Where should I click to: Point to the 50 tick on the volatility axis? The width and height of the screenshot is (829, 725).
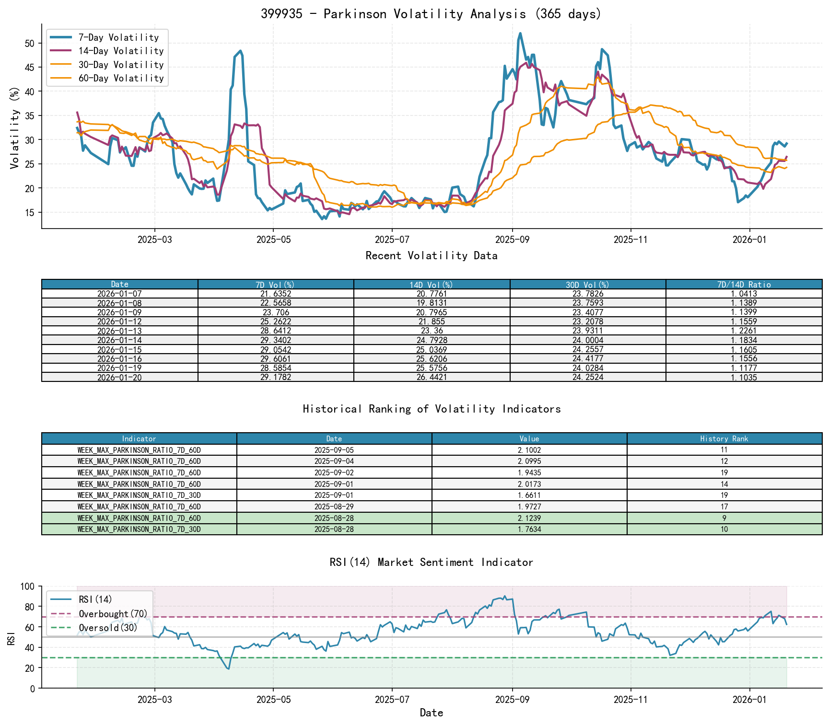coord(30,43)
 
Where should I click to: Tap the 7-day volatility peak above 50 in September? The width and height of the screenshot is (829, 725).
coord(520,34)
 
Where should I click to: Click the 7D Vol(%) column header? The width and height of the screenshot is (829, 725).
coord(276,285)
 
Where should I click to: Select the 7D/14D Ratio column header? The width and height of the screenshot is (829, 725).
coord(744,285)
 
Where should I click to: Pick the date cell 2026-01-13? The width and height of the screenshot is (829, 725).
coord(119,331)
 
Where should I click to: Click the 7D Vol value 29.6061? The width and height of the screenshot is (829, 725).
coord(276,358)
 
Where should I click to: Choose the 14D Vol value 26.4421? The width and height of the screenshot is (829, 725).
coord(432,377)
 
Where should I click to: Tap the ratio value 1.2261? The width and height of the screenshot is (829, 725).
coord(744,331)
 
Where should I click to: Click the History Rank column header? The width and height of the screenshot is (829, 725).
coord(724,438)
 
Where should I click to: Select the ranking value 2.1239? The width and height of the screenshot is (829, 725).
coord(529,518)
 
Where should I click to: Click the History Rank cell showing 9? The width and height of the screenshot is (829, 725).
coord(724,518)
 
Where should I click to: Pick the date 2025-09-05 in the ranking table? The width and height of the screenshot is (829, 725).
coord(334,450)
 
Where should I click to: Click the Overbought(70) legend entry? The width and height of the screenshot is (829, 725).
coord(113,614)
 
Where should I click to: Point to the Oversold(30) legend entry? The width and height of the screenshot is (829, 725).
coord(108,628)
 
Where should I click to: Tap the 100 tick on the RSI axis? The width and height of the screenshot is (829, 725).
coord(28,587)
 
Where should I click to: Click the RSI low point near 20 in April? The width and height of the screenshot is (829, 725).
coord(228,668)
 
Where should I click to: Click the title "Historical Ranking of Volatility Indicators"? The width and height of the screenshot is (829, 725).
coord(432,409)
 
